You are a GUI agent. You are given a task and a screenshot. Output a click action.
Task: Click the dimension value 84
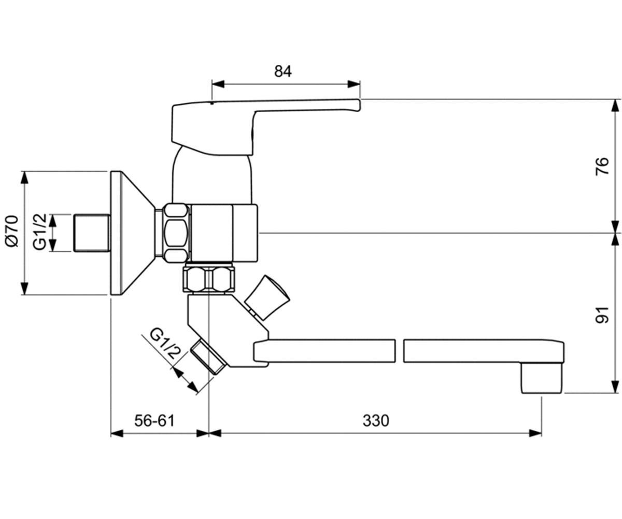click(283, 71)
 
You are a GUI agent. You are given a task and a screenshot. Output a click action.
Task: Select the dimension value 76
click(602, 166)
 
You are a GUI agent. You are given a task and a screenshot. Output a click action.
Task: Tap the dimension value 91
click(602, 315)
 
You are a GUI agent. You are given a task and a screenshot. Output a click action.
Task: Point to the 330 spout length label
click(376, 420)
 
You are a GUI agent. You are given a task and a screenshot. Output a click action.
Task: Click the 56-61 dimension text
click(154, 420)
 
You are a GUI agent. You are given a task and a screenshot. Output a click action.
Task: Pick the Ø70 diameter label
click(12, 231)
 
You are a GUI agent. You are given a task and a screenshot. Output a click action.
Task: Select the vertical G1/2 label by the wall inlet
click(40, 232)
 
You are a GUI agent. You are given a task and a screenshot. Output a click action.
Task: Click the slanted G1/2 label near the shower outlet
click(166, 343)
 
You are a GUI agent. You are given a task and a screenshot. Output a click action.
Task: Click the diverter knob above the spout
click(267, 298)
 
